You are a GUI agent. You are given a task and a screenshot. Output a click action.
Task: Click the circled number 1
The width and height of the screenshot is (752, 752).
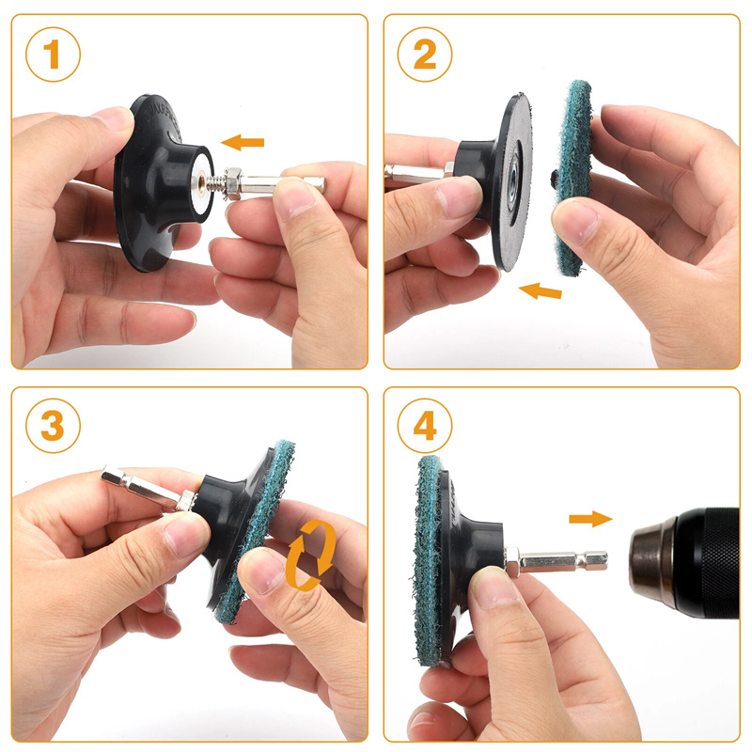click(53, 55)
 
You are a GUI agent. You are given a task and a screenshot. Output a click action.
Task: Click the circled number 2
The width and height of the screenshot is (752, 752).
click(425, 55)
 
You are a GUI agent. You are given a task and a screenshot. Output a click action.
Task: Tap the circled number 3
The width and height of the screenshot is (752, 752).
click(53, 426)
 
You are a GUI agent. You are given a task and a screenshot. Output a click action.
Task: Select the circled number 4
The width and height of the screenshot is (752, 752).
click(425, 426)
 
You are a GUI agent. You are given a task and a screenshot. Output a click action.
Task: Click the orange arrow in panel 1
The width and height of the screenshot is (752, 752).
click(243, 142)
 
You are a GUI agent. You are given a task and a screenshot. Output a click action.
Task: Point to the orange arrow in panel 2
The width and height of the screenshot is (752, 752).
click(540, 290)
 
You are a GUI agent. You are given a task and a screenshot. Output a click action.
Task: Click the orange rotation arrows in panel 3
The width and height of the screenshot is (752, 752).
click(310, 555)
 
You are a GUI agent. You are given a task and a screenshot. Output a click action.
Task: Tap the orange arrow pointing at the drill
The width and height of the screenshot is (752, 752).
click(590, 519)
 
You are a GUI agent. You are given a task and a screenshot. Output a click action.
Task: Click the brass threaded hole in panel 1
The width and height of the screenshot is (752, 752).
click(201, 182)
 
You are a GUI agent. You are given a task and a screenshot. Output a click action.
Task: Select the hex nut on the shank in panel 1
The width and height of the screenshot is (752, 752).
click(232, 183)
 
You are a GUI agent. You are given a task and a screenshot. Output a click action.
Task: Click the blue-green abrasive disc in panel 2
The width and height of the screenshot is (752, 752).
click(572, 178)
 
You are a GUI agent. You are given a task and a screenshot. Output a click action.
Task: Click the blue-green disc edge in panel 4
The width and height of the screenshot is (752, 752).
click(430, 561)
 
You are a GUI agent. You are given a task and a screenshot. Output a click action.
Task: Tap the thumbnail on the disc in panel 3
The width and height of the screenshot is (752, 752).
click(260, 572)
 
